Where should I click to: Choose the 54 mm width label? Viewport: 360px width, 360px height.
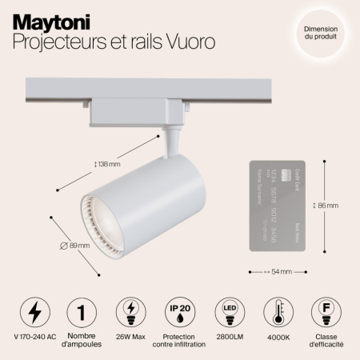coord(278,272)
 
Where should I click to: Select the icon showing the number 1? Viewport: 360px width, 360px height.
coord(80,311)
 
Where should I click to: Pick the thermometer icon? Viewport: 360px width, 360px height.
coord(276,311)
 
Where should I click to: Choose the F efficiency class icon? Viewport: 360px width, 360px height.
coord(325,311)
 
